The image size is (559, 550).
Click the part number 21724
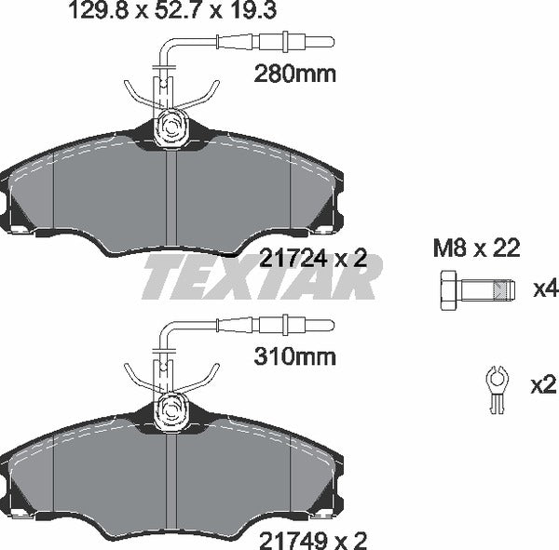[289, 261]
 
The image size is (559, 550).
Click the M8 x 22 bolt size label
[475, 248]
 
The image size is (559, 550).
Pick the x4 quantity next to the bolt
[543, 289]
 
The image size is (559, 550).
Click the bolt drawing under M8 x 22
[475, 289]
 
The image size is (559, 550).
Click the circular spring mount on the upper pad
[170, 126]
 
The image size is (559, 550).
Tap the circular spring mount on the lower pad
[170, 408]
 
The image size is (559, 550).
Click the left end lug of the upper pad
[13, 210]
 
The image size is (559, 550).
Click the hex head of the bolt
[446, 289]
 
